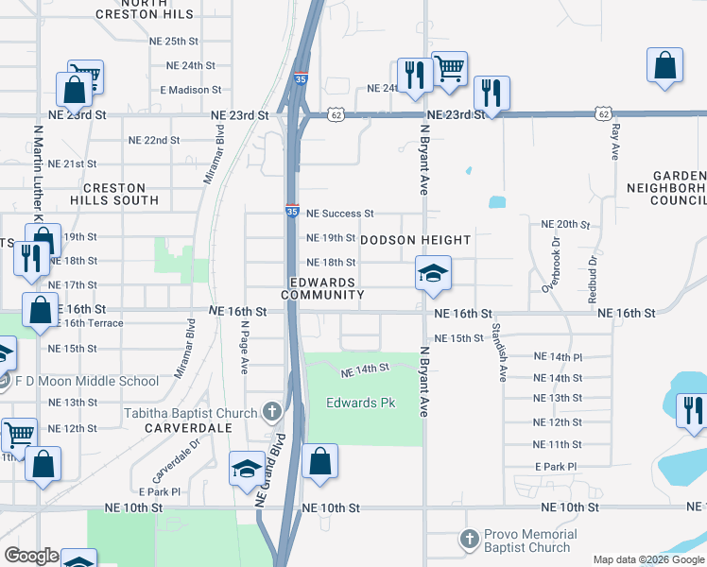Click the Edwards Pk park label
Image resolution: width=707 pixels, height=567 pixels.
pyautogui.click(x=359, y=404)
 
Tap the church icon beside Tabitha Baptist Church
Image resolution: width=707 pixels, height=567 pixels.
pyautogui.click(x=272, y=412)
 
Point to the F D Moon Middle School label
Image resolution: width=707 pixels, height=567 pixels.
pyautogui.click(x=87, y=381)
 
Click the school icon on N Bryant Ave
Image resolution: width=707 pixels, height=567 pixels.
pyautogui.click(x=433, y=273)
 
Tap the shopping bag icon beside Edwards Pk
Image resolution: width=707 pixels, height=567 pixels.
pyautogui.click(x=320, y=463)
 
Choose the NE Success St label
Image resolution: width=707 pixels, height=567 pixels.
pyautogui.click(x=340, y=214)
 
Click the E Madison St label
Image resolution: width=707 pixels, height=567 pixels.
pyautogui.click(x=190, y=90)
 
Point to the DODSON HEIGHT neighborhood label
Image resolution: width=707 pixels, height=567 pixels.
pyautogui.click(x=416, y=239)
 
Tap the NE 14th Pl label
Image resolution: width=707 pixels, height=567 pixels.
pyautogui.click(x=558, y=356)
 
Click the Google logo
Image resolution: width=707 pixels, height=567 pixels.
pyautogui.click(x=31, y=556)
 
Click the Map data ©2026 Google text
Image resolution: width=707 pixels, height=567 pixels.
pyautogui.click(x=648, y=559)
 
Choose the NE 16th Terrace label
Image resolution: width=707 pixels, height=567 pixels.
pyautogui.click(x=96, y=323)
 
